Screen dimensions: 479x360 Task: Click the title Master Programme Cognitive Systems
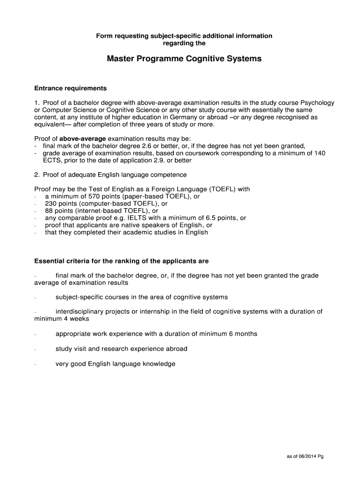[x=184, y=59]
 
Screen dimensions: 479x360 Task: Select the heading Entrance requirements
[x=71, y=88]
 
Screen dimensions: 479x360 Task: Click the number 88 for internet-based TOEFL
[x=49, y=210]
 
